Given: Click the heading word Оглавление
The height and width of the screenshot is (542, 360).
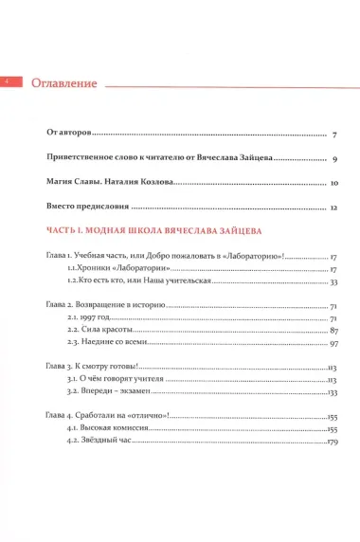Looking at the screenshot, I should point(64,83).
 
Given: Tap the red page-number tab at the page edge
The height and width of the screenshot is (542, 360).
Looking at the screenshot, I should point(5,82).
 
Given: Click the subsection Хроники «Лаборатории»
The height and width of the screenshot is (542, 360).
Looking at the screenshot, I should point(104,269).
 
